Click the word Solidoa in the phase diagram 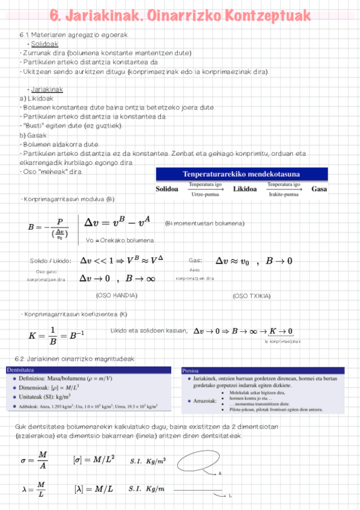pyautogui.click(x=167, y=189)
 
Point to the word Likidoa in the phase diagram pyautogui.click(x=245, y=189)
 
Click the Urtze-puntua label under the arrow pyautogui.click(x=206, y=194)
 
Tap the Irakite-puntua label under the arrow pyautogui.click(x=284, y=194)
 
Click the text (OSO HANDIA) pyautogui.click(x=117, y=295)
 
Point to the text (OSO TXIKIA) pyautogui.click(x=251, y=296)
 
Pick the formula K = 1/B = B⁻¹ pyautogui.click(x=56, y=336)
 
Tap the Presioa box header pyautogui.click(x=191, y=371)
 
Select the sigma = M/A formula pyautogui.click(x=34, y=460)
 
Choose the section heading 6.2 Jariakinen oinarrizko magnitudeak pyautogui.click(x=77, y=358)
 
